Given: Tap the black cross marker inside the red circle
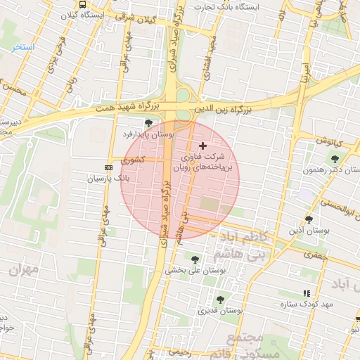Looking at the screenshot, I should point(203,145).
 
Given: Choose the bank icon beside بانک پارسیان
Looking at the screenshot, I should point(108,167).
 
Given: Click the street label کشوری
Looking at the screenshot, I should point(132,160).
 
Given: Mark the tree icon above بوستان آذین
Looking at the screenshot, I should point(309,219).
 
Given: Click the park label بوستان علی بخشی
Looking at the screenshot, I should point(193,270).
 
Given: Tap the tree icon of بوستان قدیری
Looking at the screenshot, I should point(220,300).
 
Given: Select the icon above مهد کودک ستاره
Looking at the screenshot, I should point(306,293).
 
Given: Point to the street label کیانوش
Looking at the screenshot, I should point(328,141).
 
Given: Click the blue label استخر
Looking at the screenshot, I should point(22,46).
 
